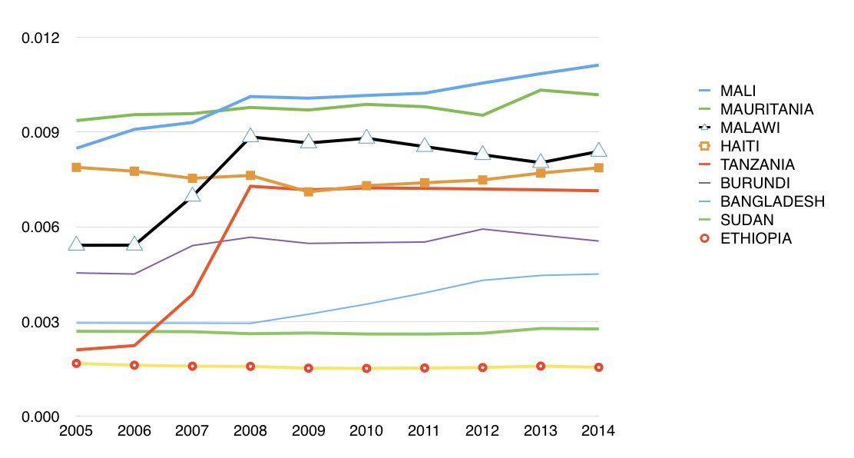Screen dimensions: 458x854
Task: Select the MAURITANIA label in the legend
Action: pyautogui.click(x=766, y=109)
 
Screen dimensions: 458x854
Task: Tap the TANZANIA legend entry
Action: pyautogui.click(x=757, y=164)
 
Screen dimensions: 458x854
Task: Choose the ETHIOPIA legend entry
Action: pyautogui.click(x=756, y=238)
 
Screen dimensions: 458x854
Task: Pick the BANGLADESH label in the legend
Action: pyautogui.click(x=772, y=201)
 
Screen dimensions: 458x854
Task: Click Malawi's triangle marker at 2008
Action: pyautogui.click(x=250, y=136)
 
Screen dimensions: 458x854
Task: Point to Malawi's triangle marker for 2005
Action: pyautogui.click(x=76, y=244)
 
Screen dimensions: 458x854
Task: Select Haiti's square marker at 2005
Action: pyautogui.click(x=76, y=167)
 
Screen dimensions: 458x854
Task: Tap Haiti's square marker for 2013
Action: pyautogui.click(x=541, y=173)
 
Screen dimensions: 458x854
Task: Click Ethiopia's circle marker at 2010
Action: pyautogui.click(x=366, y=368)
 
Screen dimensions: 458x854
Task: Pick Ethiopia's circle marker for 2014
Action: pyautogui.click(x=598, y=367)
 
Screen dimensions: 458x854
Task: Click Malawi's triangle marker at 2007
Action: pyautogui.click(x=193, y=195)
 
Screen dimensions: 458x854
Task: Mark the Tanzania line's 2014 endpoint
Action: pyautogui.click(x=598, y=191)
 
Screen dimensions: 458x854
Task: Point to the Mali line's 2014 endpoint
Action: pyautogui.click(x=598, y=65)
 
